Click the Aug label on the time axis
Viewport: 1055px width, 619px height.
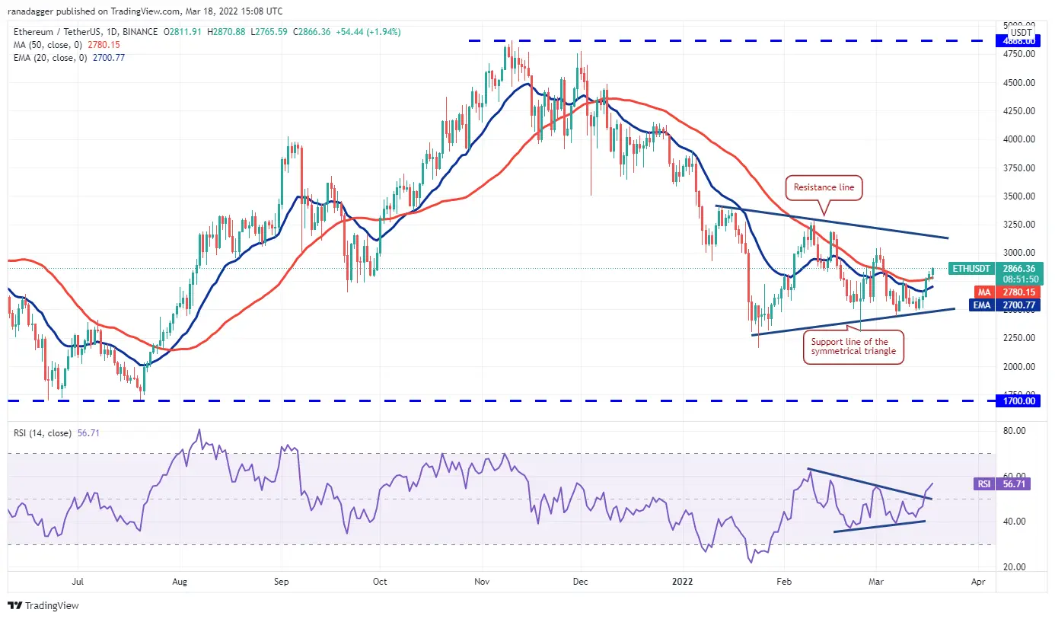179,582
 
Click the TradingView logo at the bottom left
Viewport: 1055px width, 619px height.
43,606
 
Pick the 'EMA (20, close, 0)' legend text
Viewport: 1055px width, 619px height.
49,57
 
